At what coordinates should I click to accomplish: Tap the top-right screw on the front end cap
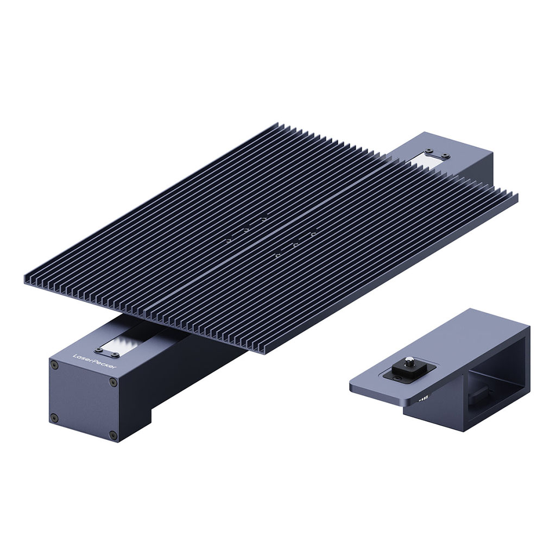click(113, 383)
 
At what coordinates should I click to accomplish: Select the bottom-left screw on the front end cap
click(54, 417)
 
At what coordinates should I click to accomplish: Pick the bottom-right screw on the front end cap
click(112, 434)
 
